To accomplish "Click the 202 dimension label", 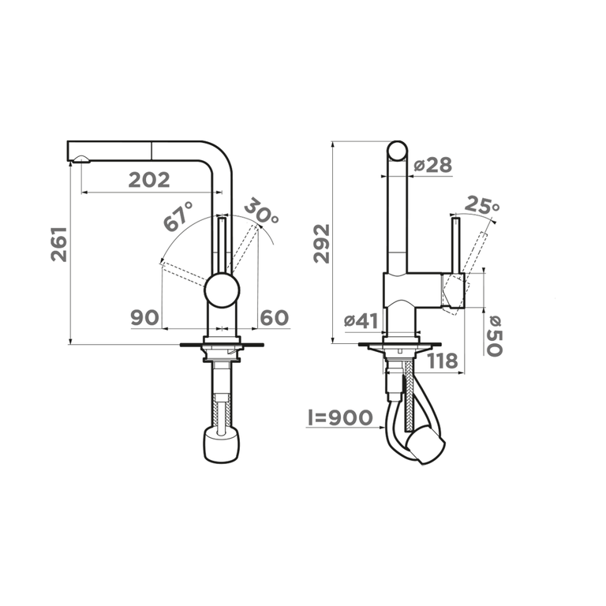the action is coord(149,180).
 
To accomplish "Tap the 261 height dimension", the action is coord(59,245).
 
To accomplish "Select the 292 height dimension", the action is coord(322,244).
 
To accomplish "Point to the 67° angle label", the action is coord(178,216).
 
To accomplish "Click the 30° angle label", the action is coord(261,211).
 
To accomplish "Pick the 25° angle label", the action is coord(481,205).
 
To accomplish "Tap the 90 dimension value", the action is coord(145,318).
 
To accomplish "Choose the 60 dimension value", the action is coord(275,318).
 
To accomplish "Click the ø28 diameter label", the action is coord(432,165).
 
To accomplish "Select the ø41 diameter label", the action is coord(361,321).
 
